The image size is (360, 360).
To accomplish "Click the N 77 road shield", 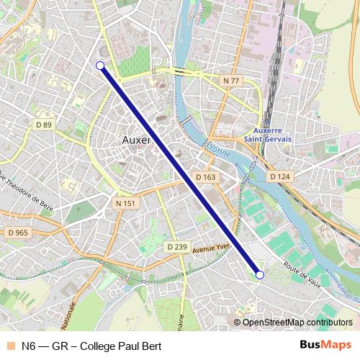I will point(230,81).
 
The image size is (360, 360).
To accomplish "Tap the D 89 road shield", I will point(44,125).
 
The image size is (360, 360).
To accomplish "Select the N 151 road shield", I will point(125,204).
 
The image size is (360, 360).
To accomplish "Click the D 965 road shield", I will point(17,233).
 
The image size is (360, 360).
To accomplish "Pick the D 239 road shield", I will point(176,247).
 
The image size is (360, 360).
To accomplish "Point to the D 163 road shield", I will point(205,176).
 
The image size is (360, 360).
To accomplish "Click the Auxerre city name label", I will point(136,140).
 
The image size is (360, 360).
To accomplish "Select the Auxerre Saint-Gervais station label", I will point(267,135).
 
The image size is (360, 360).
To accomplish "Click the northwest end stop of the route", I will point(100,66).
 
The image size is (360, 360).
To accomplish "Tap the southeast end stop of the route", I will point(260,274).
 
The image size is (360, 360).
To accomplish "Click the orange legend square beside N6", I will point(9,346).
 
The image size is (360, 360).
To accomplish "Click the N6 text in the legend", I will point(29,346).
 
